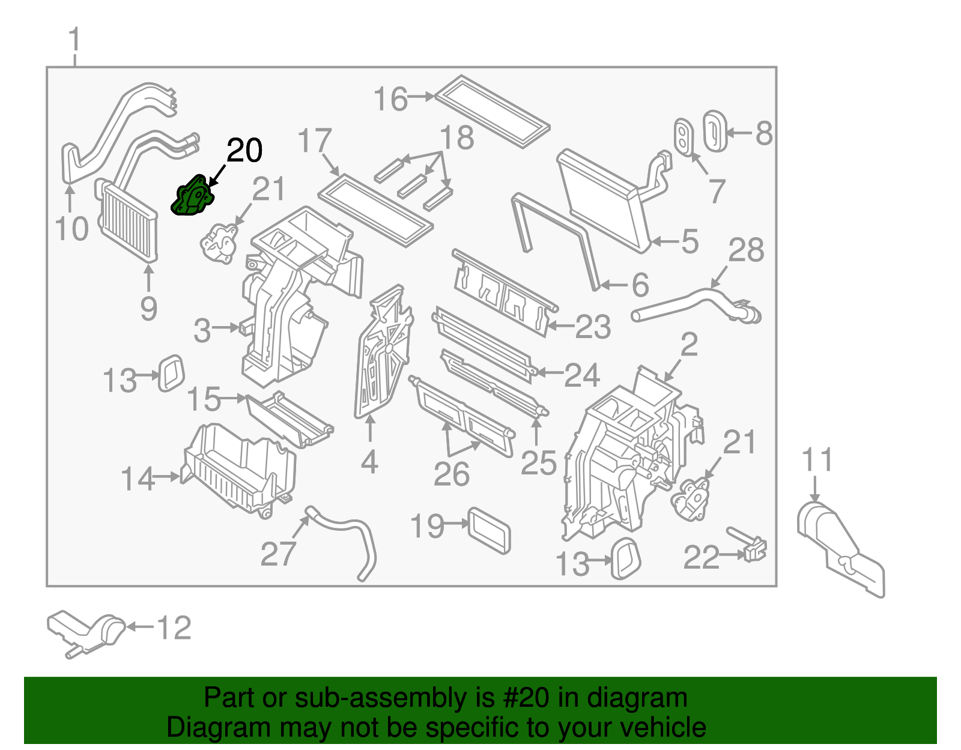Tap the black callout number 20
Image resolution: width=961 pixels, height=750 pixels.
(x=244, y=150)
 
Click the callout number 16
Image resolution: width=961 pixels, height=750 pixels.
(x=390, y=99)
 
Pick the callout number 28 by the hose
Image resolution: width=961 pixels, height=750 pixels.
(x=746, y=250)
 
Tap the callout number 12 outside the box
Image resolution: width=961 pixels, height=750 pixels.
(x=174, y=628)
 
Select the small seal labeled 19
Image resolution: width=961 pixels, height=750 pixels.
(x=490, y=530)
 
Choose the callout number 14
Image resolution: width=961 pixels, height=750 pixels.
(x=138, y=479)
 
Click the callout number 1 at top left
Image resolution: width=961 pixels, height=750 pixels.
(x=74, y=41)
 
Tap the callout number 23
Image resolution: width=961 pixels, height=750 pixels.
(x=593, y=327)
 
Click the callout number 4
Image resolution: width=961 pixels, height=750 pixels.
(x=369, y=462)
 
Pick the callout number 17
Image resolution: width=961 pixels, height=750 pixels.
(x=314, y=141)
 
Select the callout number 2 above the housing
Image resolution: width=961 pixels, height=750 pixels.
(x=689, y=345)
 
